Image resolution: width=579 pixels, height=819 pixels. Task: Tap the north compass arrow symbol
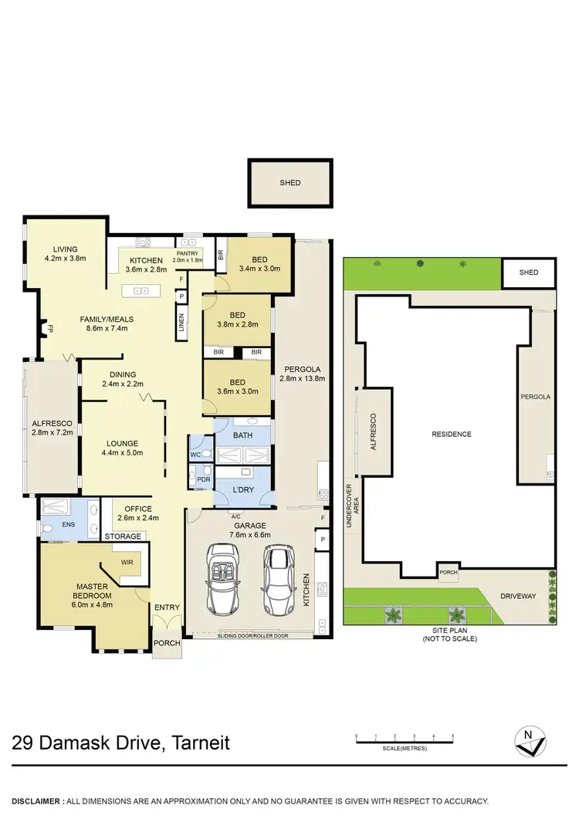tap(530, 743)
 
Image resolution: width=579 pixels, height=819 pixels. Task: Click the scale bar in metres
tap(404, 739)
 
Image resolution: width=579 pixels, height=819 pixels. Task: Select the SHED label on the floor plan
tap(290, 183)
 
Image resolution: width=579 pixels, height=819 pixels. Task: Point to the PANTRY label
tap(188, 253)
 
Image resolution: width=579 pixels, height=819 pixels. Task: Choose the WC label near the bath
tap(196, 455)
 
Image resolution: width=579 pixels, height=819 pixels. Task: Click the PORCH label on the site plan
tap(449, 573)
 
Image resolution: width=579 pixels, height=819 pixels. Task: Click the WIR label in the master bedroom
tap(126, 563)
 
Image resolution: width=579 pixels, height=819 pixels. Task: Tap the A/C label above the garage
tap(234, 516)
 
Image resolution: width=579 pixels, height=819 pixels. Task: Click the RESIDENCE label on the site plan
tap(452, 434)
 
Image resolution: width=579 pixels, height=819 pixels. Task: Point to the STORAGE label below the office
tap(124, 536)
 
